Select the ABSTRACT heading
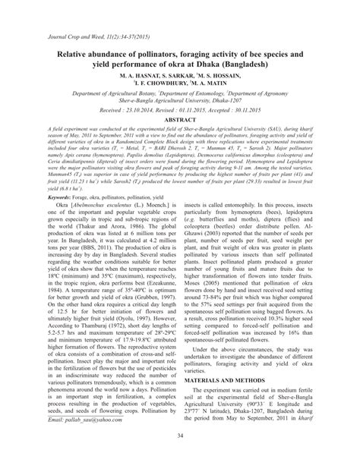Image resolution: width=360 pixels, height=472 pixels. pos(179,120)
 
